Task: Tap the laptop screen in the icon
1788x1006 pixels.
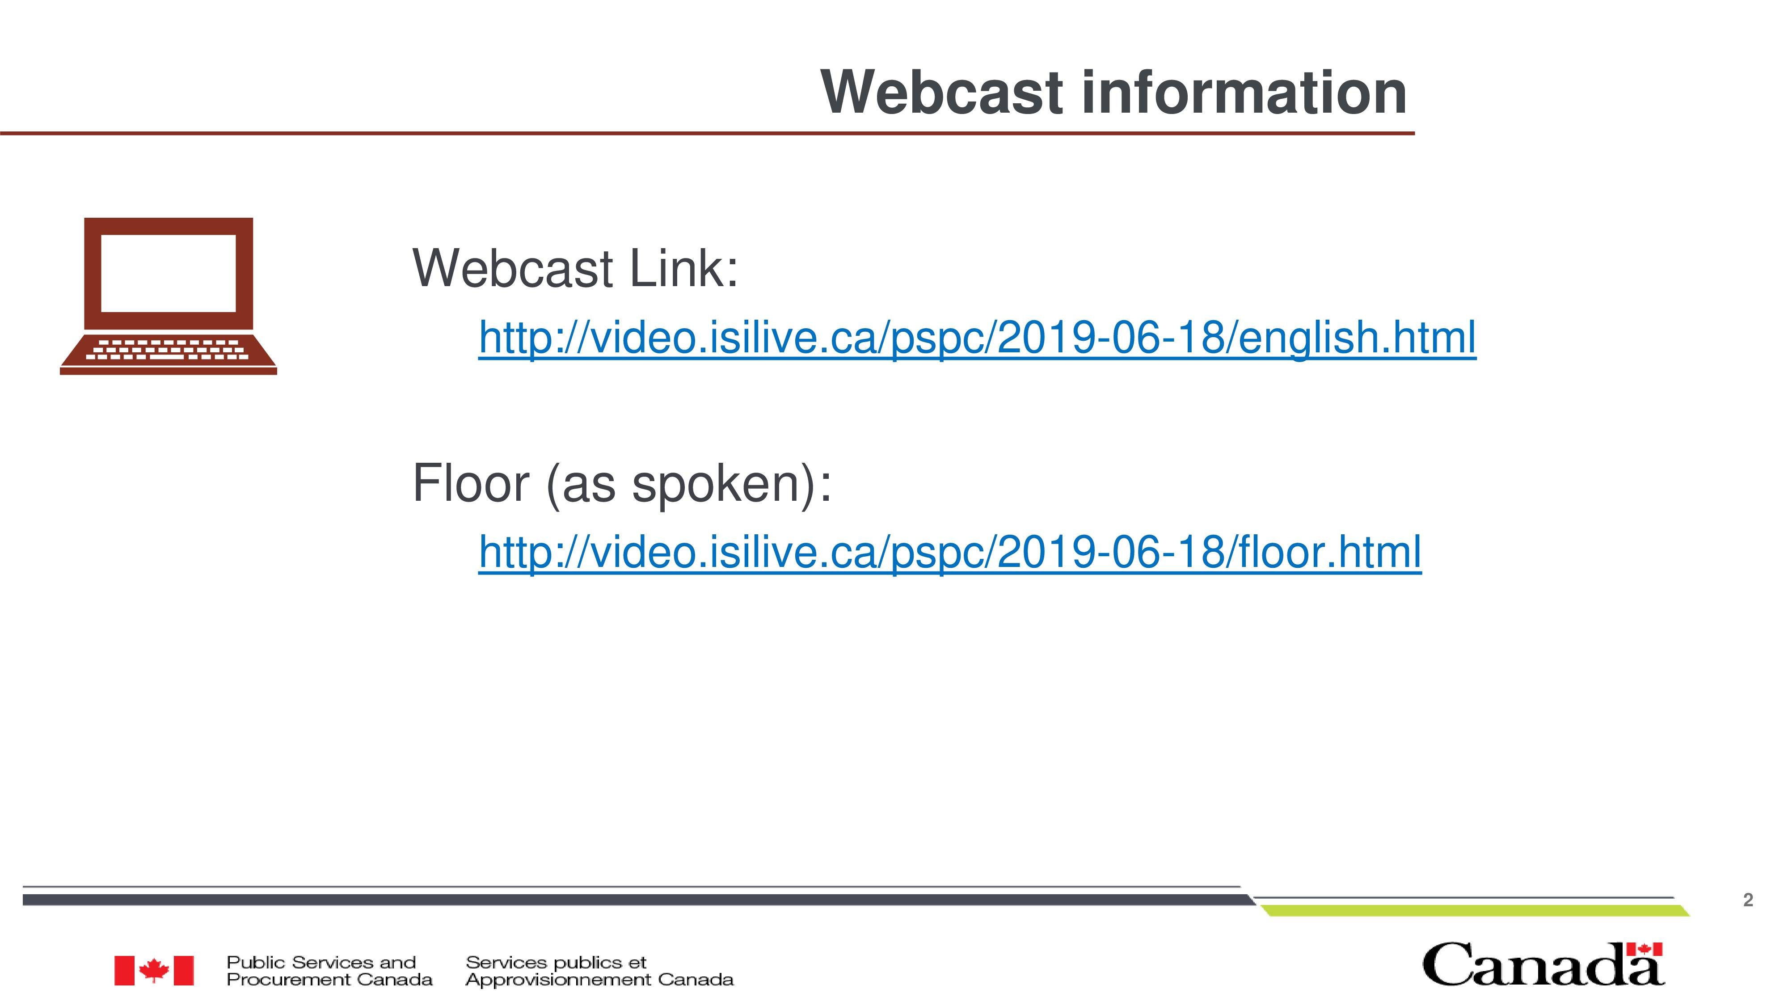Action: (x=169, y=273)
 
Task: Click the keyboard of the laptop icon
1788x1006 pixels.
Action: (x=168, y=349)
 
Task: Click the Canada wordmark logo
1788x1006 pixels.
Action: (x=1543, y=964)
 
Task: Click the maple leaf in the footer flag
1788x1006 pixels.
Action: (x=154, y=970)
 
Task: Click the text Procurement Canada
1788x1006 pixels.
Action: (x=330, y=980)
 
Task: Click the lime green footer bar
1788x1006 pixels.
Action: (x=1475, y=911)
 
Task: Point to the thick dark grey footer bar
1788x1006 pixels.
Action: (x=639, y=900)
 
